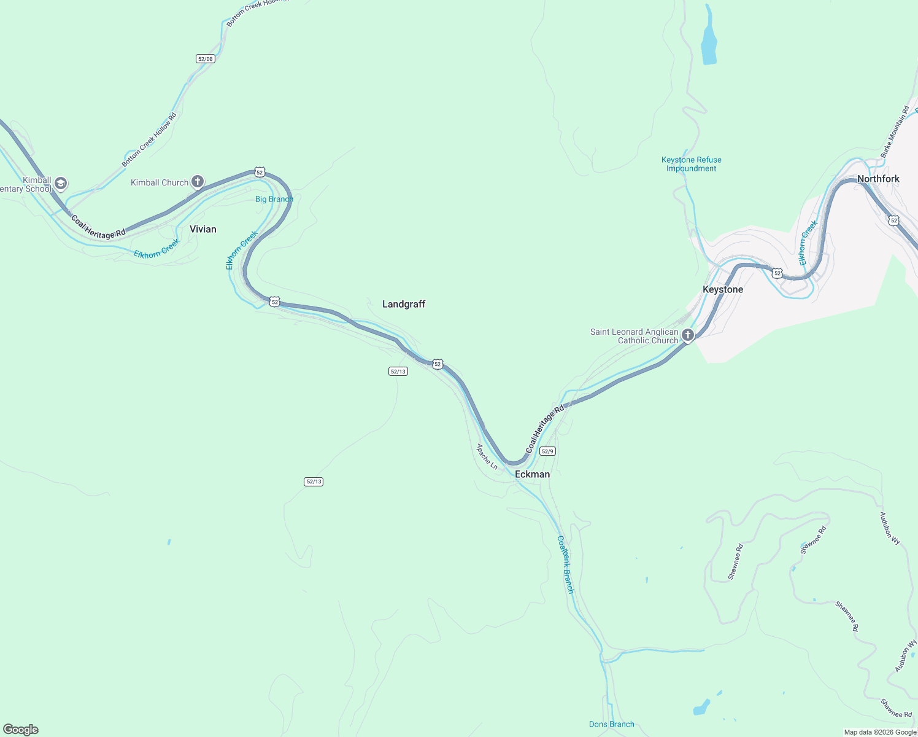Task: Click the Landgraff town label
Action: (x=404, y=304)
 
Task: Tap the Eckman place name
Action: (x=532, y=474)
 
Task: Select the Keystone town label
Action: (x=722, y=289)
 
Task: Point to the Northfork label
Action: (x=878, y=179)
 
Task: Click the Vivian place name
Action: (x=202, y=229)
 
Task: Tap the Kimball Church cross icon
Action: (x=197, y=181)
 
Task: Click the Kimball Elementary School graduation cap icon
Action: (x=60, y=183)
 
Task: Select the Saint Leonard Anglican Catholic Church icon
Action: (x=688, y=335)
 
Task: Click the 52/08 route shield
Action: (x=206, y=59)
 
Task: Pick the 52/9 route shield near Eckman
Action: (x=547, y=451)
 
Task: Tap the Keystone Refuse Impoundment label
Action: (x=691, y=164)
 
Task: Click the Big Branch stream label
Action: (x=274, y=199)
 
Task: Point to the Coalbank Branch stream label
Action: (x=565, y=564)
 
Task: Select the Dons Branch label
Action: (x=611, y=724)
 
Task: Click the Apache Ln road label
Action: (x=487, y=457)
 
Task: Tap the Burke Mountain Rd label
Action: (x=895, y=131)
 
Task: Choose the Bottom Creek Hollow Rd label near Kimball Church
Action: (x=149, y=140)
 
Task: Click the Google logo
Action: (x=20, y=730)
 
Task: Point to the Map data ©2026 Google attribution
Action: (x=880, y=732)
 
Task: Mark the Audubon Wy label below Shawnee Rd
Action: (x=905, y=655)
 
